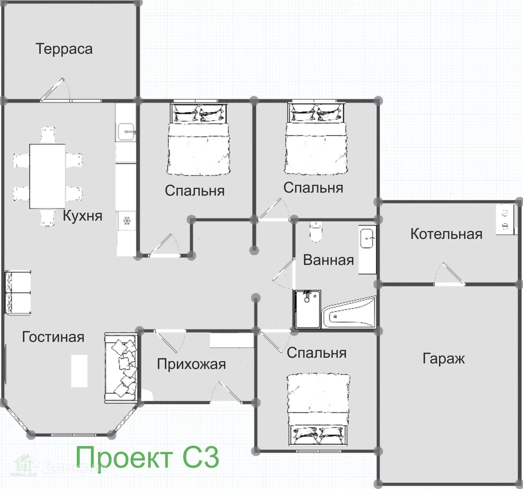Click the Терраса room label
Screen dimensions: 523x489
64,49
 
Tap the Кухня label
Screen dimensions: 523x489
82,216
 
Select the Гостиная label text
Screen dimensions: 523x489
53,337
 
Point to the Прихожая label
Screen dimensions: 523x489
191,364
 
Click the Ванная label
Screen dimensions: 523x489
329,260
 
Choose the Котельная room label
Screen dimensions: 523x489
446,234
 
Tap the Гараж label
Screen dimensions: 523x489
444,358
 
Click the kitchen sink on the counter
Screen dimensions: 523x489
126,132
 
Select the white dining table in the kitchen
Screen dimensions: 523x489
47,176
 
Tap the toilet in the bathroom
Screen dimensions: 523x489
316,231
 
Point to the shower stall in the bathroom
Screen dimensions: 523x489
308,309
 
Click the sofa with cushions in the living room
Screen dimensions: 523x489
121,368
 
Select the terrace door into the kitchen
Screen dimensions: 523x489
55,89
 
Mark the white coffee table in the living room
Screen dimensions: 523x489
79,371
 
